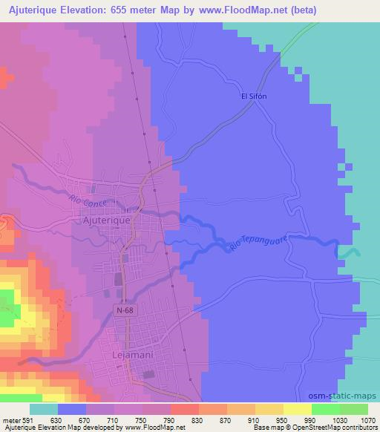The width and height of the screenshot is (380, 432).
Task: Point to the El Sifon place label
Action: click(x=254, y=96)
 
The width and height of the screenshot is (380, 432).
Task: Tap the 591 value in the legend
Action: click(x=27, y=421)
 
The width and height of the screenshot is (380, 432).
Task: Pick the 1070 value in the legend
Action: click(x=367, y=421)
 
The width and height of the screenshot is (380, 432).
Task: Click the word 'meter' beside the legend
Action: click(x=10, y=421)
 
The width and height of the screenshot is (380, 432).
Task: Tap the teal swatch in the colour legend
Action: click(x=44, y=410)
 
